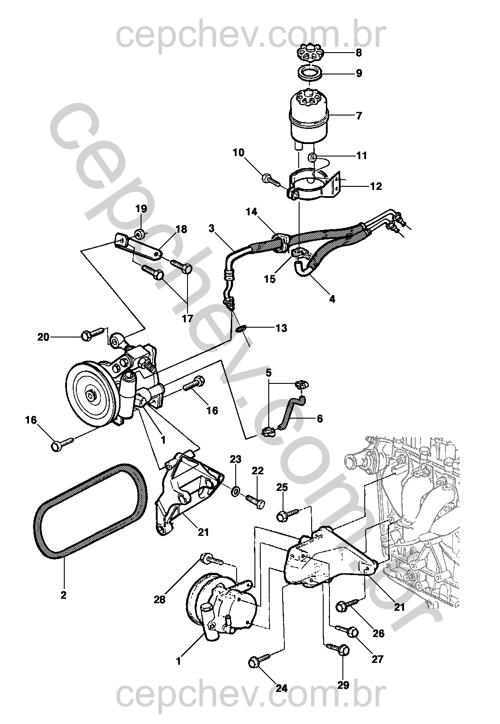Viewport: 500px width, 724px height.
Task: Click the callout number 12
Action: pos(376,186)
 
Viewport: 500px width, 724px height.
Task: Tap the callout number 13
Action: pos(281,328)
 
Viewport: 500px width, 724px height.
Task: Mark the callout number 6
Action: pos(320,419)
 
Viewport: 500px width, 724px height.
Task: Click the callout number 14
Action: pos(251,212)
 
